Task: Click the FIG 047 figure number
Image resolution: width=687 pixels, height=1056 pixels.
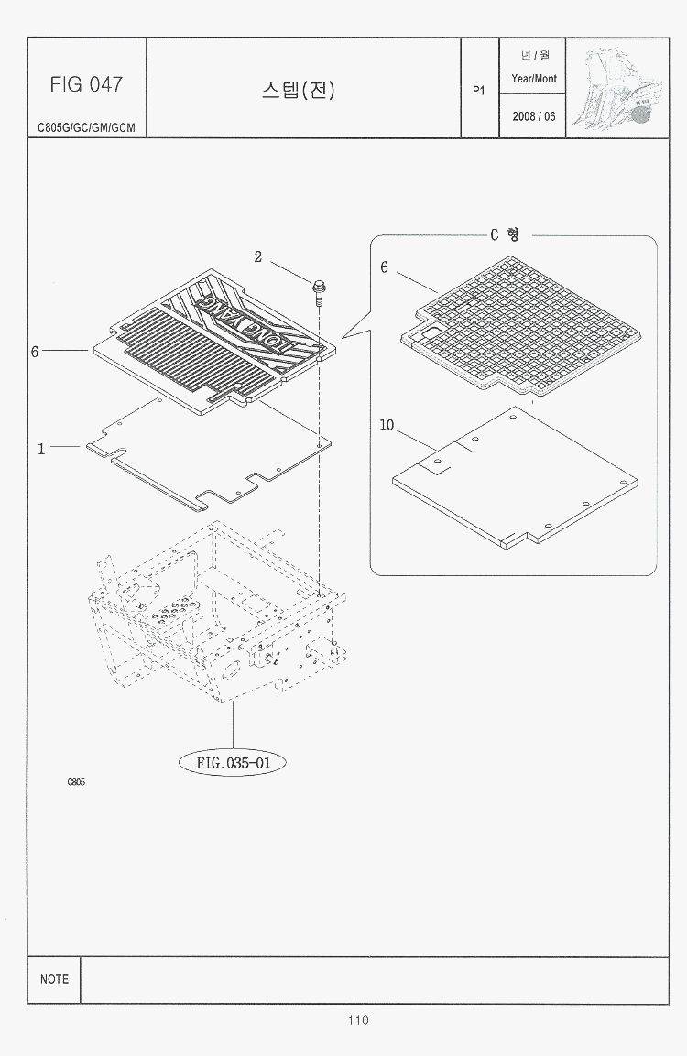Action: [x=86, y=84]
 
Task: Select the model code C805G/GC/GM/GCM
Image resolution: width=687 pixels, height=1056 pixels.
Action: [x=86, y=127]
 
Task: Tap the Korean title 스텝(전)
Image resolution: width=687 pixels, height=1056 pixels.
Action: [x=299, y=90]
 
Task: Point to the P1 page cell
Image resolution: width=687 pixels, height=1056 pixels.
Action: [x=479, y=91]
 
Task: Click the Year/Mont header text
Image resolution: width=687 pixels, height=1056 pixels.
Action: [x=534, y=78]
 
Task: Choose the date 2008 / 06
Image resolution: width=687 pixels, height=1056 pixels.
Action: [x=533, y=116]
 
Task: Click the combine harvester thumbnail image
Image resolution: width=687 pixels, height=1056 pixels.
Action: [x=617, y=88]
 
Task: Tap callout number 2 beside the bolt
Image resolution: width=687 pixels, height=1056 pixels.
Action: [x=258, y=257]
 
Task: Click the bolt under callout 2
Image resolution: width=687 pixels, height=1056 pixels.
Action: [x=318, y=291]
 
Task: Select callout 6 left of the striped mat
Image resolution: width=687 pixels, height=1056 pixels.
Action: [x=35, y=352]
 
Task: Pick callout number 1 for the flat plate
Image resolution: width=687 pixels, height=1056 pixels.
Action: [x=42, y=449]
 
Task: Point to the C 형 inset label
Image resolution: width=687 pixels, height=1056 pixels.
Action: [x=505, y=234]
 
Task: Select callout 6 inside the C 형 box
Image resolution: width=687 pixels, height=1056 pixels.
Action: [x=384, y=267]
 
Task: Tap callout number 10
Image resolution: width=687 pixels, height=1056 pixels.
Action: [x=387, y=426]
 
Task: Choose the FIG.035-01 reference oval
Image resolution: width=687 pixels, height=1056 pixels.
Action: [x=233, y=763]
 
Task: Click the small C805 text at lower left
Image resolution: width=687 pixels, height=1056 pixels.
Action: [x=76, y=782]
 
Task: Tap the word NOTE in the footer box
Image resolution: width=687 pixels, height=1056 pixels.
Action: [x=55, y=979]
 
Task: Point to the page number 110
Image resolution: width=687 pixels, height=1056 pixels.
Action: [x=358, y=1020]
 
